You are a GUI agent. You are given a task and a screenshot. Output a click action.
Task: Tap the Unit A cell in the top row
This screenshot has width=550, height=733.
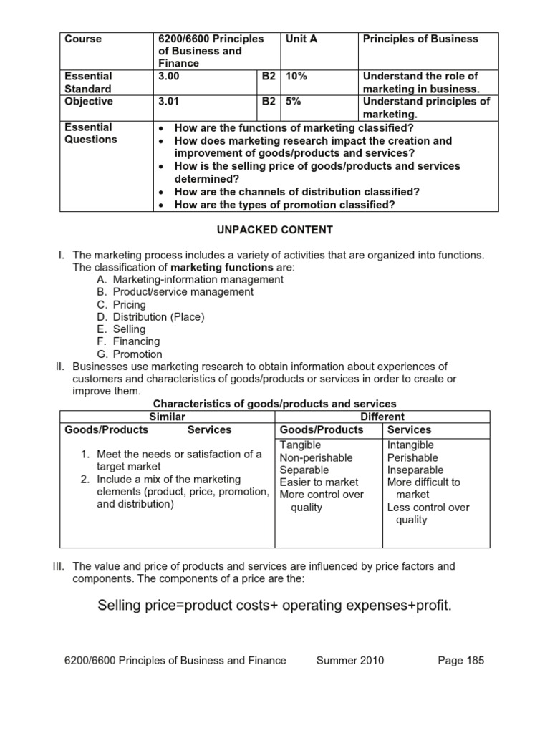(x=301, y=39)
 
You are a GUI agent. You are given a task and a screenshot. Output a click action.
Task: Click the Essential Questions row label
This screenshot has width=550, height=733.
(x=89, y=133)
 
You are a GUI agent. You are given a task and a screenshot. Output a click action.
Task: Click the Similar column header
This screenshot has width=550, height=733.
(x=167, y=417)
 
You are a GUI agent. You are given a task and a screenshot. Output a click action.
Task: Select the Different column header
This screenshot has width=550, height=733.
(x=382, y=417)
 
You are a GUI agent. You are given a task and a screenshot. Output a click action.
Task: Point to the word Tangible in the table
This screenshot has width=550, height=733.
(x=300, y=445)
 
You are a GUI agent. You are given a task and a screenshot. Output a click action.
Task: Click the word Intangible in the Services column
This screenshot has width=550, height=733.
(x=410, y=445)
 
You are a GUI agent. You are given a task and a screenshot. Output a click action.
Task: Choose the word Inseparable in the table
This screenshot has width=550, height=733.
(x=415, y=470)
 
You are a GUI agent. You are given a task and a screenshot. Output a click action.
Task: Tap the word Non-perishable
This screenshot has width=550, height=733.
(x=316, y=457)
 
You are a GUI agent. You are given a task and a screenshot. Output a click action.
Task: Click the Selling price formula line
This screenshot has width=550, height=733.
(x=274, y=606)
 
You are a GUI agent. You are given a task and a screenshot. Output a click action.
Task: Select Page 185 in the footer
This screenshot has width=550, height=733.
(x=460, y=660)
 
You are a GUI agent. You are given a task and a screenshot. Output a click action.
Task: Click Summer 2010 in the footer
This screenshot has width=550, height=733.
(x=349, y=660)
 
